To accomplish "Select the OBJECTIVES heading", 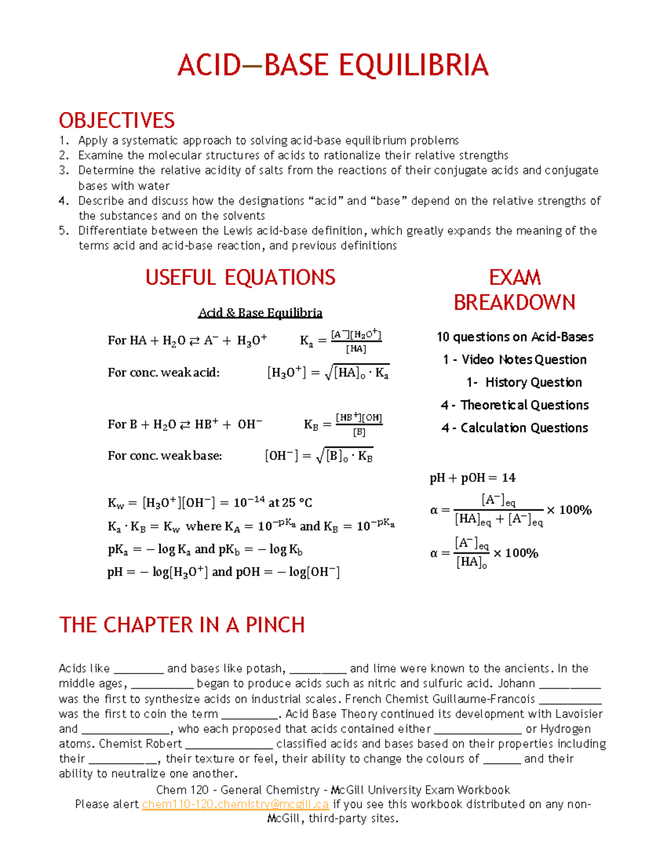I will [x=117, y=121].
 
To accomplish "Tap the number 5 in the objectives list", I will [x=63, y=231].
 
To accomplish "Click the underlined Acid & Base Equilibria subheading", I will [x=260, y=313].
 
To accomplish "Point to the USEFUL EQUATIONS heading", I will [x=240, y=277].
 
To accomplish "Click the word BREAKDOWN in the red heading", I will [x=514, y=303].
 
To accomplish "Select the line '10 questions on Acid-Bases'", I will [x=515, y=337].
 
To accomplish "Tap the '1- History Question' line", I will [x=524, y=382].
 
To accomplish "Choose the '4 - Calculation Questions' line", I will [x=515, y=428].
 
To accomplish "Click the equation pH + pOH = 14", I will [x=472, y=478].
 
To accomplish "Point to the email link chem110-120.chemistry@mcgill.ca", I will [x=235, y=804].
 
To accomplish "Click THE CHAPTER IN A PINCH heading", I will [x=182, y=625].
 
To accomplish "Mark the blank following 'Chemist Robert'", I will [x=229, y=744].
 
